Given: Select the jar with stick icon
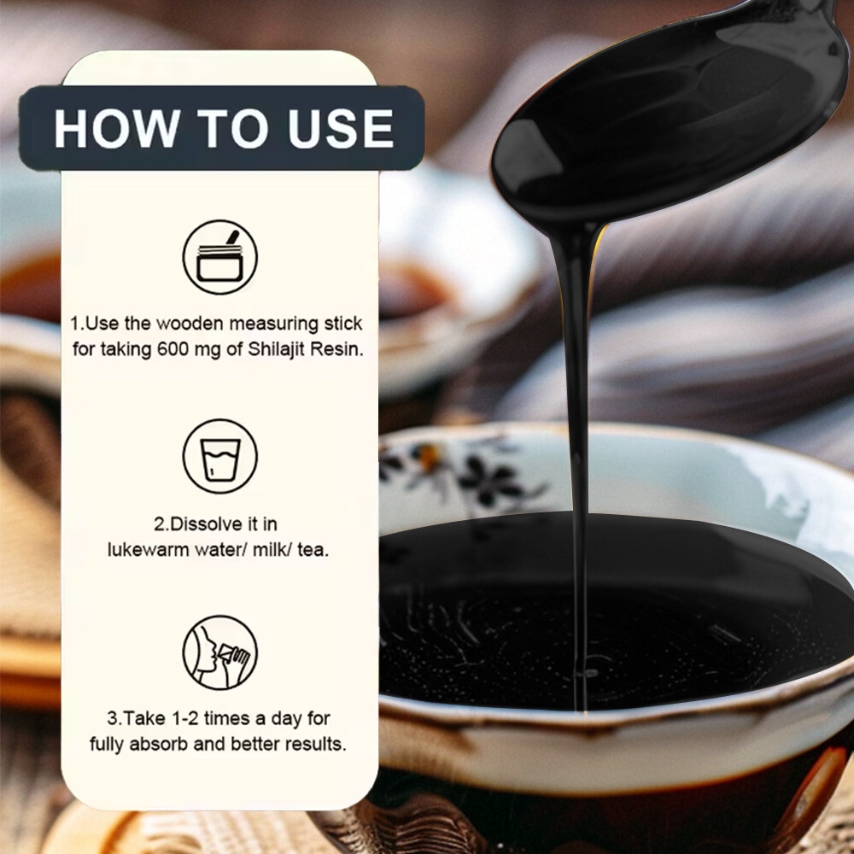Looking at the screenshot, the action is click(x=220, y=257).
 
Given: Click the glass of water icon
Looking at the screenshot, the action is click(x=220, y=456).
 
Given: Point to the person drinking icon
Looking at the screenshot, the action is click(x=220, y=652).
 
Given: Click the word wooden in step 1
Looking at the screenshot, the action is click(x=190, y=324).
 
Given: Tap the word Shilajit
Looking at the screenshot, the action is click(x=278, y=349).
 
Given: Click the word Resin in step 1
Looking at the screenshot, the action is click(x=337, y=349).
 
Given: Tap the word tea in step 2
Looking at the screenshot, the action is click(x=313, y=550).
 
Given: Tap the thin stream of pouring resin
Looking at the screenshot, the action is click(x=576, y=463).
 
